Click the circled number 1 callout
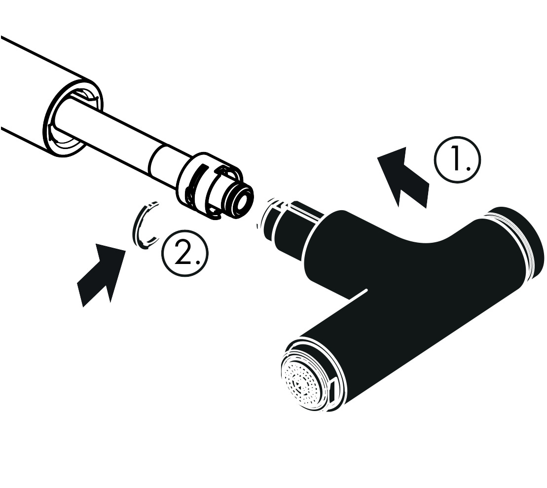click(457, 159)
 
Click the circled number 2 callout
click(185, 254)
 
